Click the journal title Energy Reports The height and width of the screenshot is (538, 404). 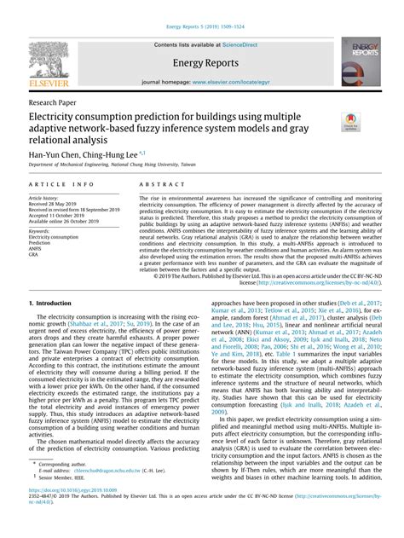(x=201, y=61)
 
